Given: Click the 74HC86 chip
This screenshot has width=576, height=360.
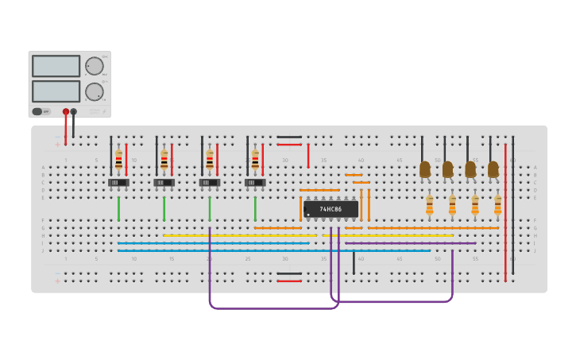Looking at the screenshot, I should pos(331,209).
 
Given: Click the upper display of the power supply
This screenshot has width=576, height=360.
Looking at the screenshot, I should pos(56,66).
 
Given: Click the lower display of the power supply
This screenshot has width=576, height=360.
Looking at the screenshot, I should pos(56,91).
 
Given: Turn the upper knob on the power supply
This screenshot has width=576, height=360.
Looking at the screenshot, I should pos(94,66).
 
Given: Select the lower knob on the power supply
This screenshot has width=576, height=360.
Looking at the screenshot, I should pos(94,91).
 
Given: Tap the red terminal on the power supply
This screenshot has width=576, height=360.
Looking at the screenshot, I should pos(66,112).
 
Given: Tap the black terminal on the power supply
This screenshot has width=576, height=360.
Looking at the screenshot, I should pos(74,112).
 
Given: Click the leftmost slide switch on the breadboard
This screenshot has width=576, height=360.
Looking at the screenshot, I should pos(118,183).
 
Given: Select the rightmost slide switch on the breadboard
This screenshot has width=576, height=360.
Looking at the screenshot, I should pos(255,183).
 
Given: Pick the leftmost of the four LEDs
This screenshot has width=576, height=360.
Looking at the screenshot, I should pos(424,169).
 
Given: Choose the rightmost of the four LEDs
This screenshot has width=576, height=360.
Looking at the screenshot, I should pos(493,169).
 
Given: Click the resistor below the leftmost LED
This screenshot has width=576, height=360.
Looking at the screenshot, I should pos(429,206).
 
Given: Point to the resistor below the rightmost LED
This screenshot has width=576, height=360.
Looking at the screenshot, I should pos(497,206).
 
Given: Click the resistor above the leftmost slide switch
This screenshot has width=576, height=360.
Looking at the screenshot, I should pos(118,159).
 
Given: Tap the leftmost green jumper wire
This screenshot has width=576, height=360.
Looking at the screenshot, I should pos(118,208).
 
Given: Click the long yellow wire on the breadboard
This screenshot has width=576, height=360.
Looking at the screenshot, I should pos(238,235).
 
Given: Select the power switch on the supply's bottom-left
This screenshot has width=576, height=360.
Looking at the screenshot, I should pos(37,111).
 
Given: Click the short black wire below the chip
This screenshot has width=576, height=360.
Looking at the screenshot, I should pos(354,262).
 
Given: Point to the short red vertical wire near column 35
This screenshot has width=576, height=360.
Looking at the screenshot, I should pos(308,156).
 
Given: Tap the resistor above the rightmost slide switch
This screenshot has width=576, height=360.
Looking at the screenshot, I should pos(255,159).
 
